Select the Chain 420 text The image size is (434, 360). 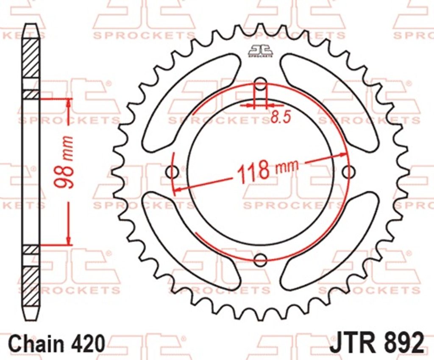[x=57, y=343]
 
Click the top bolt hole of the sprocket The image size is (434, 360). [x=260, y=84]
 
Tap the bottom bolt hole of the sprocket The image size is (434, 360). [x=260, y=259]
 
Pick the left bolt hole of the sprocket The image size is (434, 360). [x=172, y=172]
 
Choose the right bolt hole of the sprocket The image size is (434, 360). [x=348, y=172]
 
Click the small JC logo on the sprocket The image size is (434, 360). [x=260, y=51]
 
